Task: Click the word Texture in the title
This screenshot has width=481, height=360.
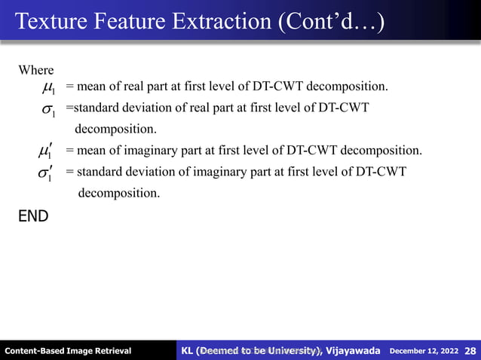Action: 47,20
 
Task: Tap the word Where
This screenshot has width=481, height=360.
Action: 36,70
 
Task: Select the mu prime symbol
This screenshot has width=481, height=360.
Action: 44,152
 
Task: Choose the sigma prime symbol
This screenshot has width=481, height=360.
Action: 47,174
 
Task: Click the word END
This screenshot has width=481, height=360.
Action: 33,217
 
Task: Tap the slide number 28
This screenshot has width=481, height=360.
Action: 470,350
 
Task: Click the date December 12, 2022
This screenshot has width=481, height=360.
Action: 424,351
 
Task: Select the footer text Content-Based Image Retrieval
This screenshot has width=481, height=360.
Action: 68,351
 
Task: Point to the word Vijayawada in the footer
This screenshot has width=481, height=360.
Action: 353,350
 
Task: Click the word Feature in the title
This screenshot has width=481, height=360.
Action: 124,20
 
